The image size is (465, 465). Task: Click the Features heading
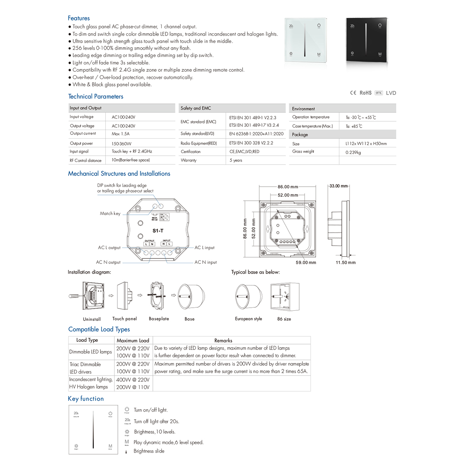(79, 18)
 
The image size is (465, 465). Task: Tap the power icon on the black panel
(380, 26)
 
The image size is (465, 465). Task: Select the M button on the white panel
(319, 55)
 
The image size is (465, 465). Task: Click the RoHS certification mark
(365, 93)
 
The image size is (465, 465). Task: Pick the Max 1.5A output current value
(121, 134)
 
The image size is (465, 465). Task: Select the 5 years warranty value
(236, 160)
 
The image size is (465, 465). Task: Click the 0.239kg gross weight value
(353, 152)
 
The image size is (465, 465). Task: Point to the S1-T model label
(158, 231)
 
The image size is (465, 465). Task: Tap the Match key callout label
(110, 214)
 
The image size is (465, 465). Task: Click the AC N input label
(205, 262)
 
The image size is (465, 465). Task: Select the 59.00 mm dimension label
(306, 262)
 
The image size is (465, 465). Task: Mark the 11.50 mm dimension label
(345, 262)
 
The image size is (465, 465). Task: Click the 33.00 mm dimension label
(338, 186)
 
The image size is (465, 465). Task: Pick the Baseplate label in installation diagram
(159, 319)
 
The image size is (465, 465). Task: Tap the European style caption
(248, 319)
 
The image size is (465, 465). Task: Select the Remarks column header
(223, 340)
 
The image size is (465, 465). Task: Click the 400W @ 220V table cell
(133, 380)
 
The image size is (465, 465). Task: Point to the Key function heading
(86, 399)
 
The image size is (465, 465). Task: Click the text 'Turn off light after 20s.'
(156, 421)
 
